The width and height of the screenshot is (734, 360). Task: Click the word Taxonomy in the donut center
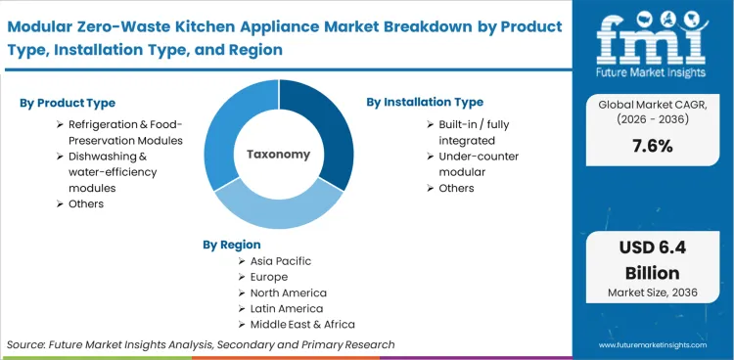[279, 154]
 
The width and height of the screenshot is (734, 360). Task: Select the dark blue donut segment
[328, 127]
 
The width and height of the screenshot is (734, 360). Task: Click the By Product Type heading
[68, 103]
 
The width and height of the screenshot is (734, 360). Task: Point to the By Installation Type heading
[425, 102]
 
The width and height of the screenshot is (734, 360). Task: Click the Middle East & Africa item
[303, 324]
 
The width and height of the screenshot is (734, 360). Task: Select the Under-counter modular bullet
[479, 163]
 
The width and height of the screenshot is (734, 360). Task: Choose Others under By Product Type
[85, 203]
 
